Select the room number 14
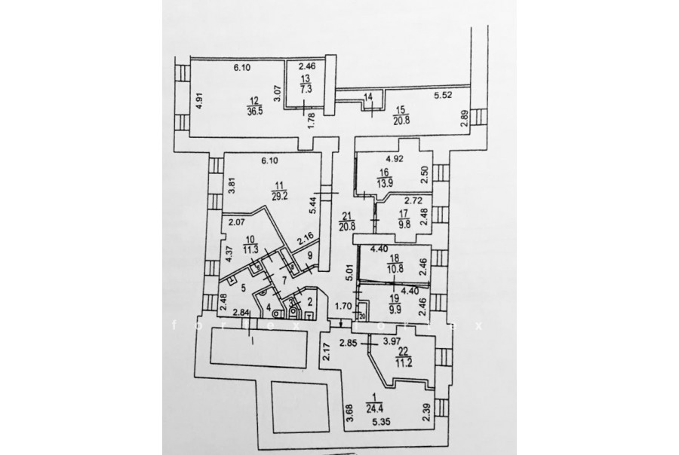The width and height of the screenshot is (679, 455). [x=368, y=96]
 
